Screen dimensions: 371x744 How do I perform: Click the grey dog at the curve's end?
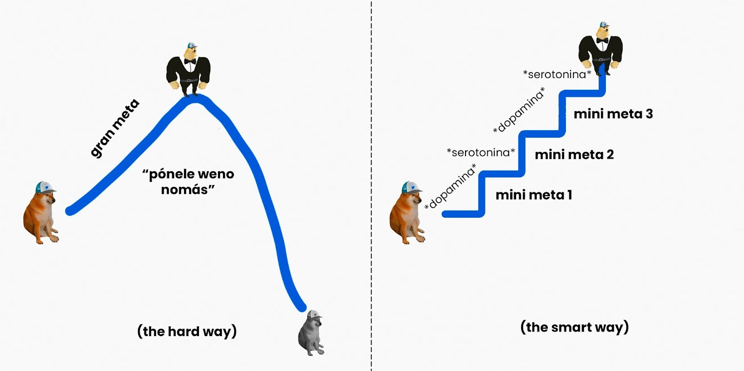[311, 336]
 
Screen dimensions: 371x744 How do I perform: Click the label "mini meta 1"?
[534, 195]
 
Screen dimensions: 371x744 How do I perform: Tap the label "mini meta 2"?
[574, 154]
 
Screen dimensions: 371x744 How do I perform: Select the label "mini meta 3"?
[613, 114]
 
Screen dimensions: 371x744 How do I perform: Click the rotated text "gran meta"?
[114, 128]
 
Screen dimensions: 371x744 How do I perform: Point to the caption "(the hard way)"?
[187, 331]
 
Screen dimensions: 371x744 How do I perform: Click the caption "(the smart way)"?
[574, 327]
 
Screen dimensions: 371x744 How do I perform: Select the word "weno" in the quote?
[215, 174]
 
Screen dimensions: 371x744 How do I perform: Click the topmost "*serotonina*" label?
[557, 74]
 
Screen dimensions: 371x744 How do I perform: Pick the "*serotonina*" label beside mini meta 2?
[481, 152]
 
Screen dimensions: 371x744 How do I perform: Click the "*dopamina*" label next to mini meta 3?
[519, 111]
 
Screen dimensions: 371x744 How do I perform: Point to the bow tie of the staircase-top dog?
[603, 40]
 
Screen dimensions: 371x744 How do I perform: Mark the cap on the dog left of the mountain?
[45, 187]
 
